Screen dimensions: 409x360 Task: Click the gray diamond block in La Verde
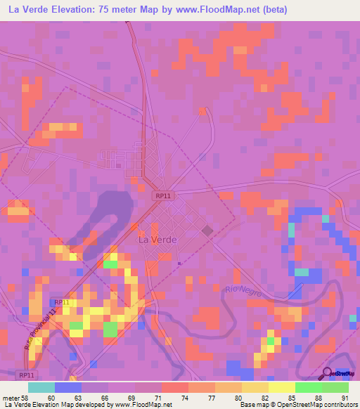coord(207,231)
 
